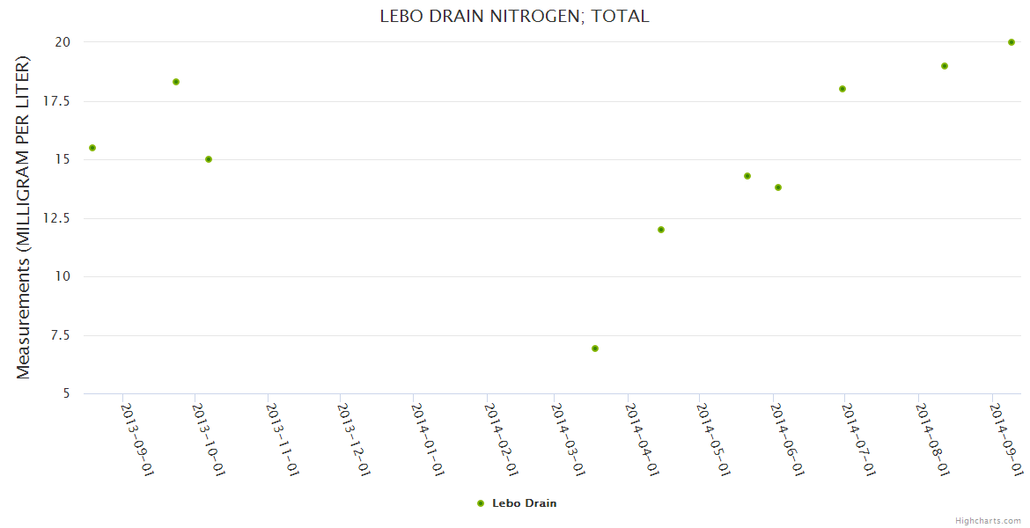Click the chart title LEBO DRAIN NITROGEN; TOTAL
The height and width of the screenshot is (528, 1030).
pos(514,16)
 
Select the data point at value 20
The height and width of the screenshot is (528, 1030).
pos(1012,42)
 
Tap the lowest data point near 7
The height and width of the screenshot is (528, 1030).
pos(595,348)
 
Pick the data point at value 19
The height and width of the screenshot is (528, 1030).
pos(945,66)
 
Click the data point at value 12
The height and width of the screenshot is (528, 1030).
pos(661,230)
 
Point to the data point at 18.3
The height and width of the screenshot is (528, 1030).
pos(176,82)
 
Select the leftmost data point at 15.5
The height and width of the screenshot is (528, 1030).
pos(92,148)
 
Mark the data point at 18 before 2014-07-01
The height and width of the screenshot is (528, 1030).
pos(842,89)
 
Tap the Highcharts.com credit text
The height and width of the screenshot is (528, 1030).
pos(988,520)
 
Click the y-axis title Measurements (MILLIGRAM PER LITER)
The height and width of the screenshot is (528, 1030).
pos(24,217)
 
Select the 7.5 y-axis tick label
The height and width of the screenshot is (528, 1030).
pos(63,335)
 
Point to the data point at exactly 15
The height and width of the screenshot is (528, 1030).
pos(209,159)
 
